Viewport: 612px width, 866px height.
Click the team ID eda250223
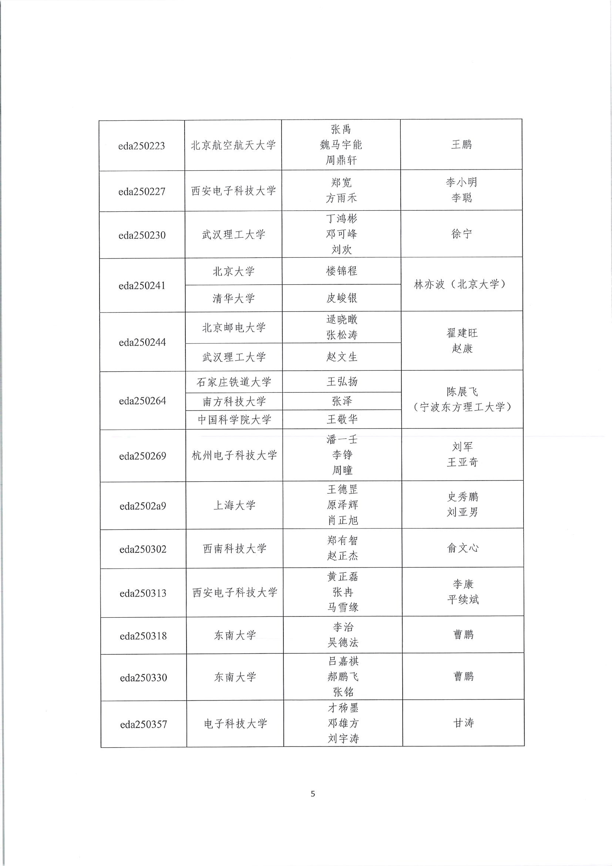(x=142, y=146)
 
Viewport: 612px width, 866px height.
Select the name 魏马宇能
(x=341, y=145)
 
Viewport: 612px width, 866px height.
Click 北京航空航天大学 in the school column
(x=233, y=145)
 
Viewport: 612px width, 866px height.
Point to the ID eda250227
(x=142, y=192)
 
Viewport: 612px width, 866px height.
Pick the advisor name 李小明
(x=461, y=183)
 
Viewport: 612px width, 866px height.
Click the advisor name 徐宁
(x=462, y=234)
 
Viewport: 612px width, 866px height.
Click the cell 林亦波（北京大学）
(x=462, y=284)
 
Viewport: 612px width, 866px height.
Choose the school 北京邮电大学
(x=234, y=327)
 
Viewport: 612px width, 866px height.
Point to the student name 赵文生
(x=342, y=357)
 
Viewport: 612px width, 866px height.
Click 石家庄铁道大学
(x=234, y=382)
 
